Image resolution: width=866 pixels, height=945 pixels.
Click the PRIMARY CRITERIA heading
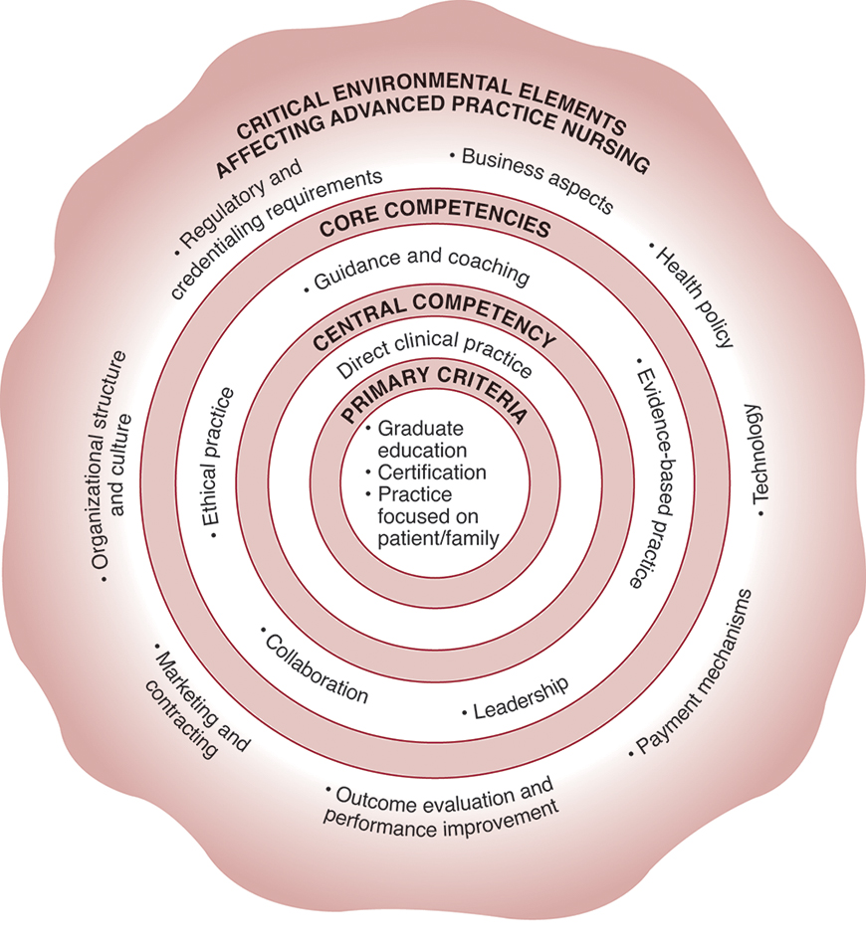click(433, 394)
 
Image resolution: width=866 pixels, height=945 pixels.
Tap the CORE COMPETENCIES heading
click(435, 226)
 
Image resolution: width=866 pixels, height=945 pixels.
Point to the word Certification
click(431, 472)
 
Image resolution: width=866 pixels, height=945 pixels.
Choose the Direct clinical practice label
click(434, 355)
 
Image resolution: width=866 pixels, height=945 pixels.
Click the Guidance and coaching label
click(418, 270)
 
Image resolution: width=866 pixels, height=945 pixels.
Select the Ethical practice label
click(221, 462)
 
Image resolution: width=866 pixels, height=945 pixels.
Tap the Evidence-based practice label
click(650, 472)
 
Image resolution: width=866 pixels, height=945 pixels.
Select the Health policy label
click(693, 294)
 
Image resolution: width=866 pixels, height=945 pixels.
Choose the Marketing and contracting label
click(199, 701)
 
